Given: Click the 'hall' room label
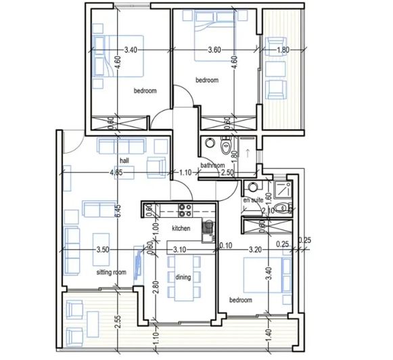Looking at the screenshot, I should (x=124, y=160).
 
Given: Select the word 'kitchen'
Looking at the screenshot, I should (x=181, y=228).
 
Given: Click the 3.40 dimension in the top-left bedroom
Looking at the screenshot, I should (x=132, y=49).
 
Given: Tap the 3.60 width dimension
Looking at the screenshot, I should (x=214, y=49).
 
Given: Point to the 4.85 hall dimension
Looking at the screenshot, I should (x=116, y=173).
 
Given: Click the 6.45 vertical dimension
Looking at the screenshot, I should (x=117, y=210).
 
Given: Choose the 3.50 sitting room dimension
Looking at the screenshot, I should (x=103, y=250).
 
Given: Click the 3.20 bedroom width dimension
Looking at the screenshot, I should (x=255, y=250).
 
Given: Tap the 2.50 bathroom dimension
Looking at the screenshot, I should (x=228, y=173).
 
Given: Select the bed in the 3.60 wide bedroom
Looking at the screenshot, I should (x=215, y=28).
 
